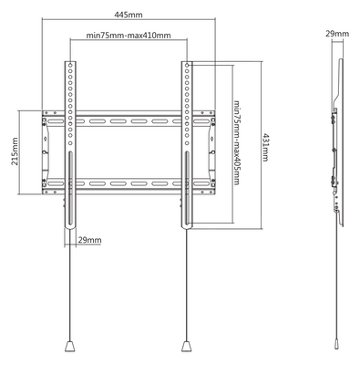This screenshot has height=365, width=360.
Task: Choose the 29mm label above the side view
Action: [336, 34]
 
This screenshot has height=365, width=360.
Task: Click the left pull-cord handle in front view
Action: [68, 347]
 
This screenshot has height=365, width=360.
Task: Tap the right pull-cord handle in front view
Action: [187, 347]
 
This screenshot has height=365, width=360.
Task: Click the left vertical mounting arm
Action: [68, 137]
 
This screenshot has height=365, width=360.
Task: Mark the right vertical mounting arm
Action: [187, 137]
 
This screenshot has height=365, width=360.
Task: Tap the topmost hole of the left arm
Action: [68, 68]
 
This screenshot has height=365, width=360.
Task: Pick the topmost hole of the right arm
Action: [187, 68]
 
